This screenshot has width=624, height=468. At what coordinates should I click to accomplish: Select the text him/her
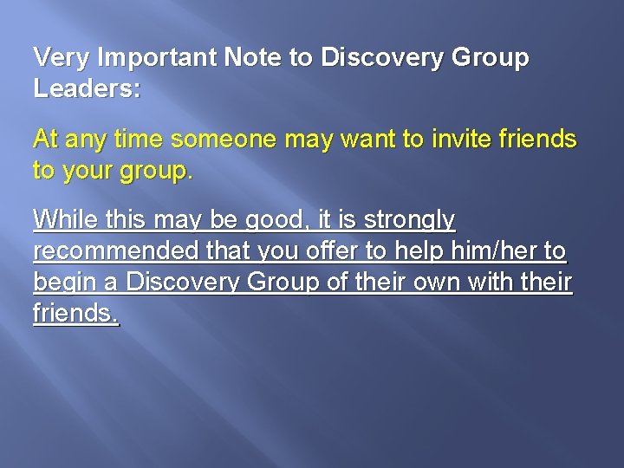click(x=488, y=253)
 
